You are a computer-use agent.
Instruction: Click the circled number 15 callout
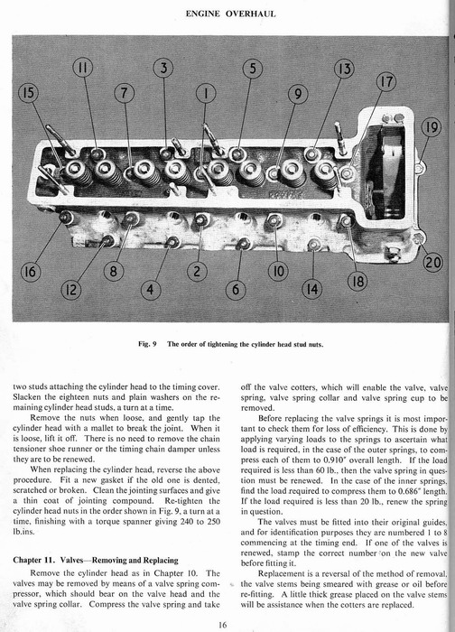pyautogui.click(x=28, y=94)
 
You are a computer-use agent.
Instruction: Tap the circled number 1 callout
pyautogui.click(x=207, y=94)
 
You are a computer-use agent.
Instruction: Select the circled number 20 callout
pyautogui.click(x=432, y=263)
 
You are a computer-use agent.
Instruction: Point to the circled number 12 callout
pyautogui.click(x=70, y=290)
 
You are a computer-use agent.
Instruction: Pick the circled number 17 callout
pyautogui.click(x=386, y=81)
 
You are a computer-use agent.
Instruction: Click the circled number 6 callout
pyautogui.click(x=236, y=290)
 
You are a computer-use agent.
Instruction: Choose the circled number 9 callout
pyautogui.click(x=298, y=94)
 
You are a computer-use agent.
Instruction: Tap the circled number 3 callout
pyautogui.click(x=163, y=68)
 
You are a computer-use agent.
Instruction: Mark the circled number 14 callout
pyautogui.click(x=312, y=290)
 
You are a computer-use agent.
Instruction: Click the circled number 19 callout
pyautogui.click(x=432, y=128)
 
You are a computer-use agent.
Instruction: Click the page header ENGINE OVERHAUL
pyautogui.click(x=231, y=14)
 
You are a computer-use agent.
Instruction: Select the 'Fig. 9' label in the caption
pyautogui.click(x=147, y=344)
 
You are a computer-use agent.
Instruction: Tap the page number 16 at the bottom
pyautogui.click(x=223, y=625)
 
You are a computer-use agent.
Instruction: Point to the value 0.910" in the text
pyautogui.click(x=335, y=460)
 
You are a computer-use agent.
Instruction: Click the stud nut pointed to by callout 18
pyautogui.click(x=347, y=221)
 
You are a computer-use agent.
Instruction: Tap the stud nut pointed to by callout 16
pyautogui.click(x=64, y=218)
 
